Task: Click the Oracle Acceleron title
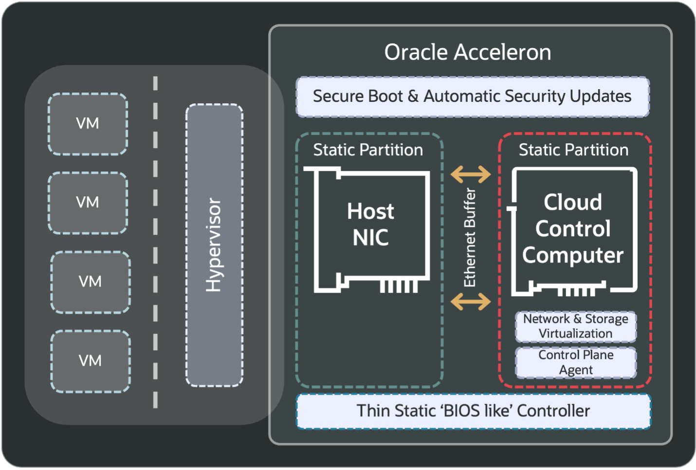click(467, 52)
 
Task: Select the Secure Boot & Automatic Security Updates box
click(472, 96)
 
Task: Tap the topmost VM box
click(88, 124)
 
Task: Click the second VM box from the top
click(88, 203)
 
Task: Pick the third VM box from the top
click(90, 282)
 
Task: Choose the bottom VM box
click(90, 361)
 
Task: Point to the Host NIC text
click(370, 225)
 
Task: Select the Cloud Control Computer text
click(573, 228)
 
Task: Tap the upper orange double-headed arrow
click(471, 174)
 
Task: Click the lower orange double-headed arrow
click(471, 301)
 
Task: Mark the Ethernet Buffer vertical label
click(470, 238)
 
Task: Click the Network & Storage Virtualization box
click(576, 326)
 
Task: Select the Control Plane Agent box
click(576, 362)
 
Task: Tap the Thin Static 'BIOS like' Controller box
click(473, 411)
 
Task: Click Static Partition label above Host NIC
click(368, 150)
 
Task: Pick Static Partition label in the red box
click(573, 150)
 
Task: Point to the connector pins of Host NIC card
click(399, 286)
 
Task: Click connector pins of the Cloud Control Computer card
click(576, 291)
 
